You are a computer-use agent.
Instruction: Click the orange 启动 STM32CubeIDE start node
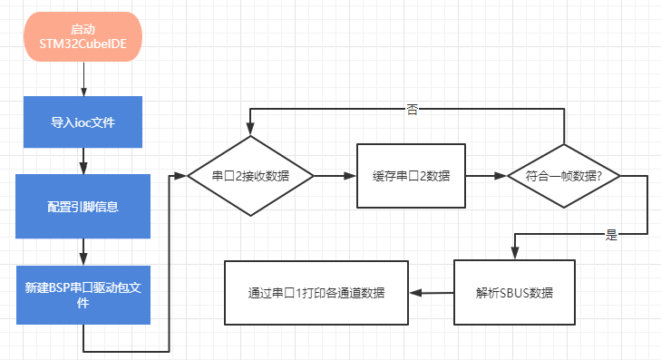83,37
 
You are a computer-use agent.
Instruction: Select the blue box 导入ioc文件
83,122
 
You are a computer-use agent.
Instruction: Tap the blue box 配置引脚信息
83,206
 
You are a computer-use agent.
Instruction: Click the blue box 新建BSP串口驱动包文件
83,295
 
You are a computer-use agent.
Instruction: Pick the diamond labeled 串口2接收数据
250,176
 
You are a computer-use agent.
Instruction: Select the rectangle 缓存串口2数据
411,176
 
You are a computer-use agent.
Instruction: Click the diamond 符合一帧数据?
565,176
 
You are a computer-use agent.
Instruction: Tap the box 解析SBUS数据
514,293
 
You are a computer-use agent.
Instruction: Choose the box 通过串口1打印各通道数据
316,293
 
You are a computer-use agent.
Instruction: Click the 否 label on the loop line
412,110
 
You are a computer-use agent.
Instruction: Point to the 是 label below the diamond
610,235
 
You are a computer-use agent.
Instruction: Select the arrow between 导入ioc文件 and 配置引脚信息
83,161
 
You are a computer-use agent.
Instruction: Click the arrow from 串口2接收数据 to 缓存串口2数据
335,176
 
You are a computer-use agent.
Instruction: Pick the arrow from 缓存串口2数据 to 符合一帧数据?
486,176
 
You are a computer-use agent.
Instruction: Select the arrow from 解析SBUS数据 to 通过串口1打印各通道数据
432,293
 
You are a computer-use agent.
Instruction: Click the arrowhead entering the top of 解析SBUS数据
514,255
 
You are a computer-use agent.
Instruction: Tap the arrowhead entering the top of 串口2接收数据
250,131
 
